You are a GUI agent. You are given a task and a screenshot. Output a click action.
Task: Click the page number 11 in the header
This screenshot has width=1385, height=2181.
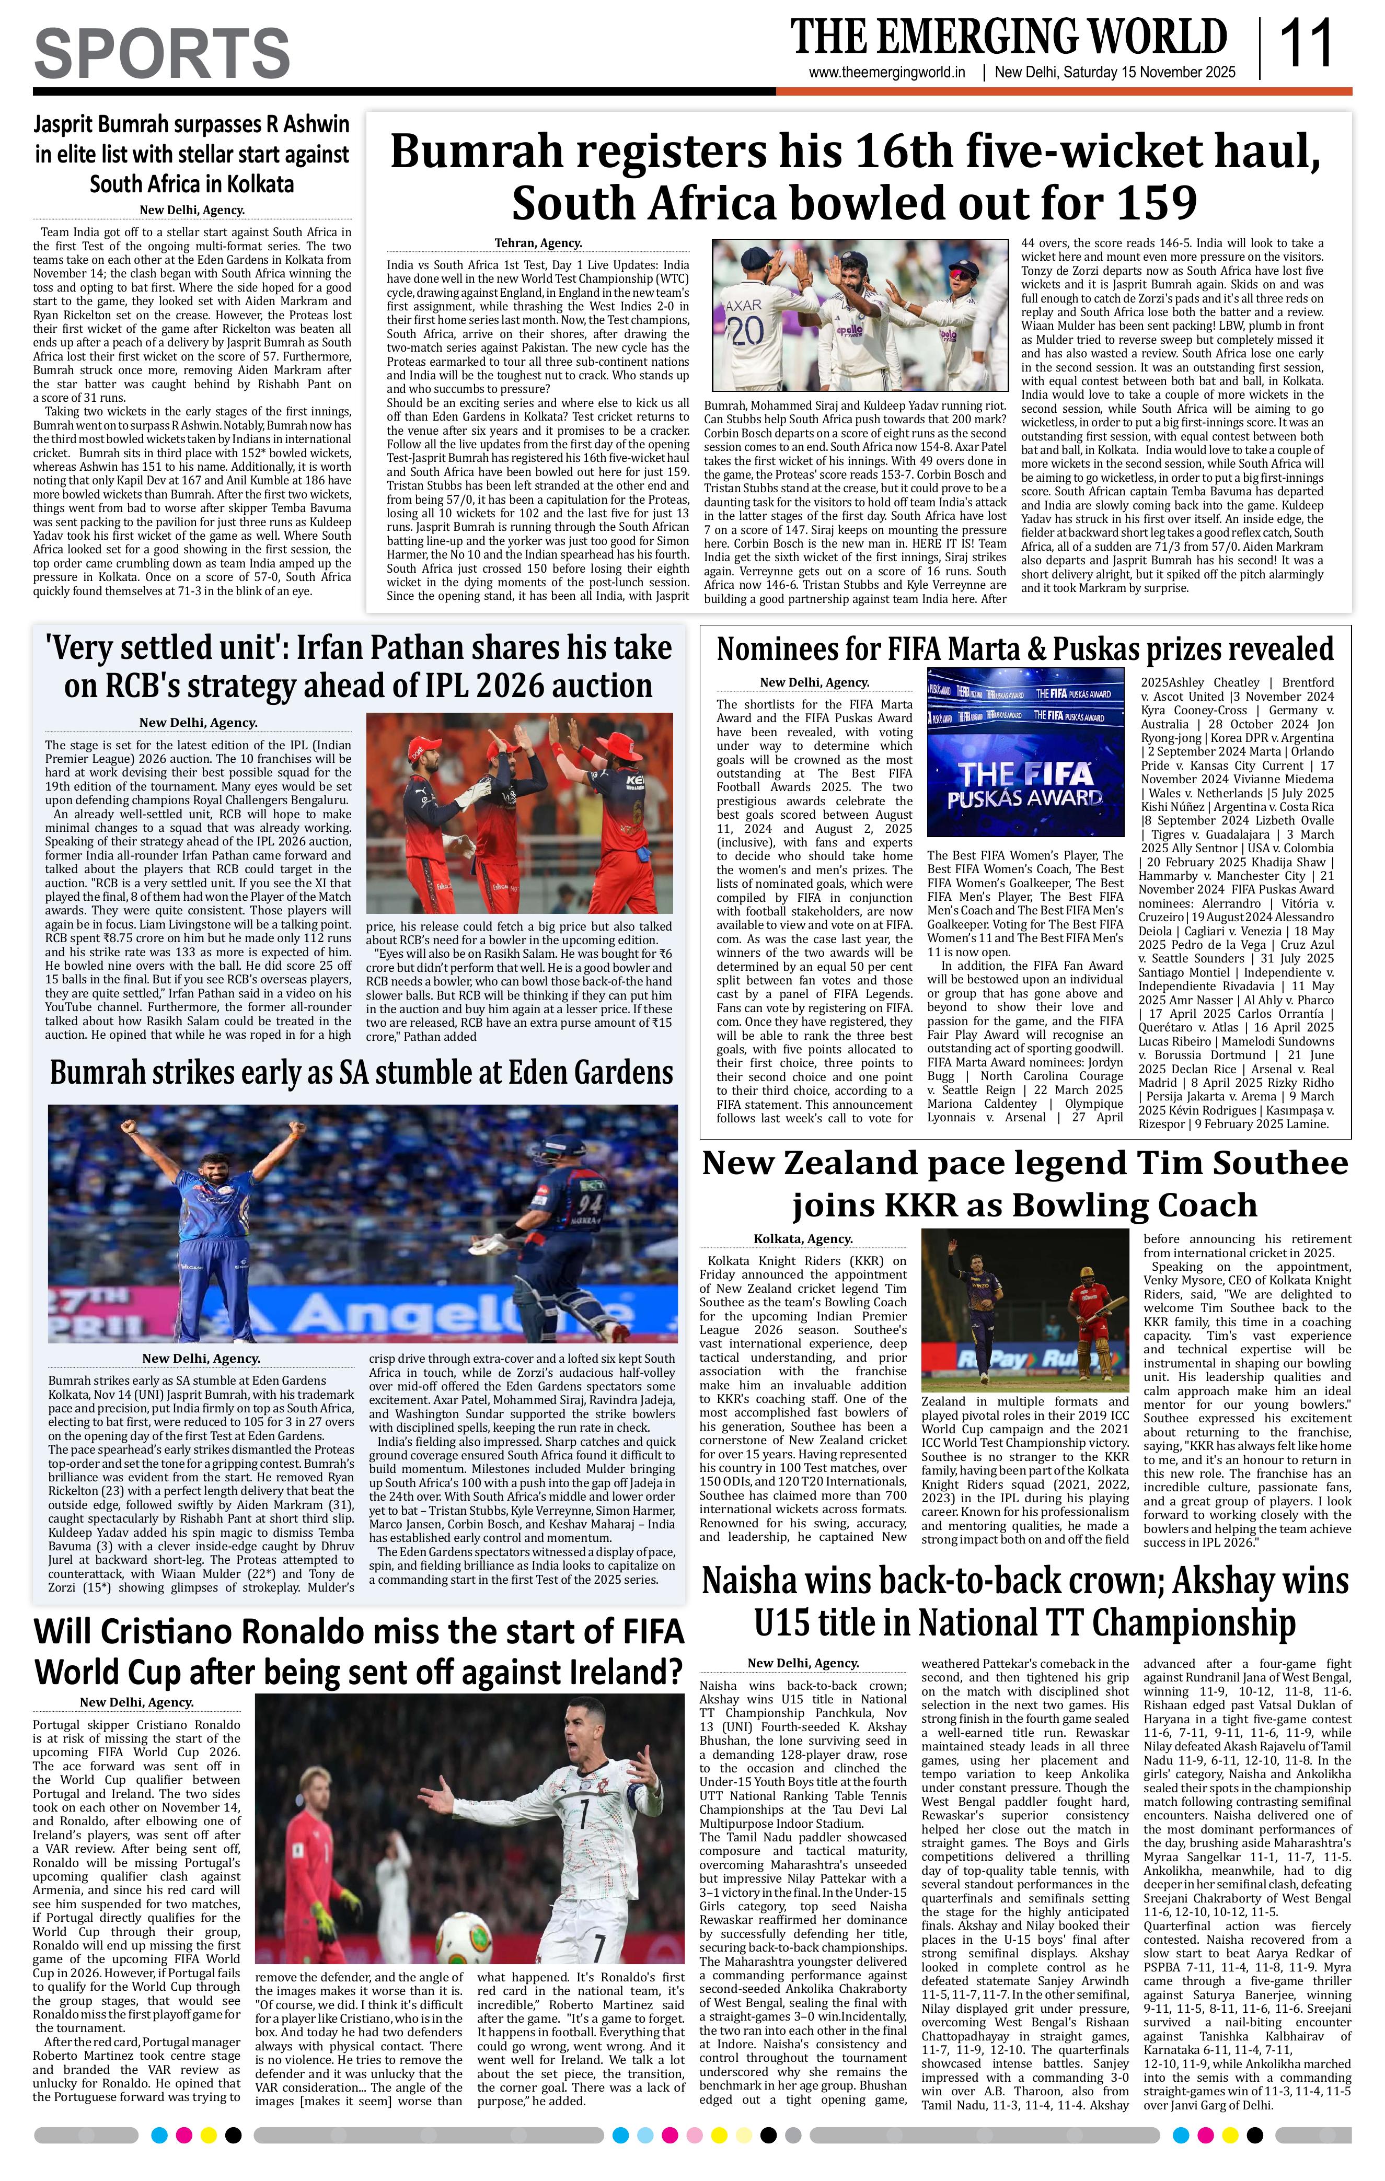[1306, 44]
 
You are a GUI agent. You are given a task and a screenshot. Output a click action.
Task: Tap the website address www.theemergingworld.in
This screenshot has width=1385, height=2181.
[887, 73]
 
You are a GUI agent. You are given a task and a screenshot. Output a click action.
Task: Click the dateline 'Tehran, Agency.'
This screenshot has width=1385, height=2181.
[538, 243]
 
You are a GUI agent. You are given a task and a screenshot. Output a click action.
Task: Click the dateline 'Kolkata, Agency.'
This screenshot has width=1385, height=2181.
[803, 1239]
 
